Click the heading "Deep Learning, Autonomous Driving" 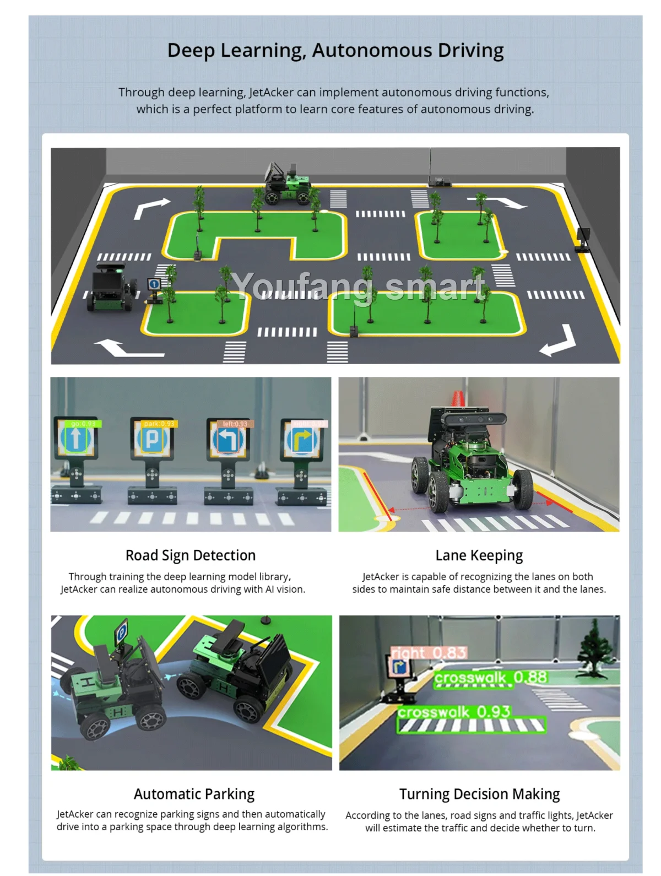(335, 50)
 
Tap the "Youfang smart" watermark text (358, 286)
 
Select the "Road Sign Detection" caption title (191, 555)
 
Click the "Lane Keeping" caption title (479, 555)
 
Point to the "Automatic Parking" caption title (194, 794)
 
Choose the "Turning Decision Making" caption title (479, 794)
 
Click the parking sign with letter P (152, 439)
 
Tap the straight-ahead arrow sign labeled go (76, 439)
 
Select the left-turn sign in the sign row (228, 440)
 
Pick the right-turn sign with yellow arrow (302, 440)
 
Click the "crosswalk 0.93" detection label (454, 712)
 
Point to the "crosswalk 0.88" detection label (490, 677)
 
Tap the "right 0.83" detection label (429, 653)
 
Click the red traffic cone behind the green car (457, 399)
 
